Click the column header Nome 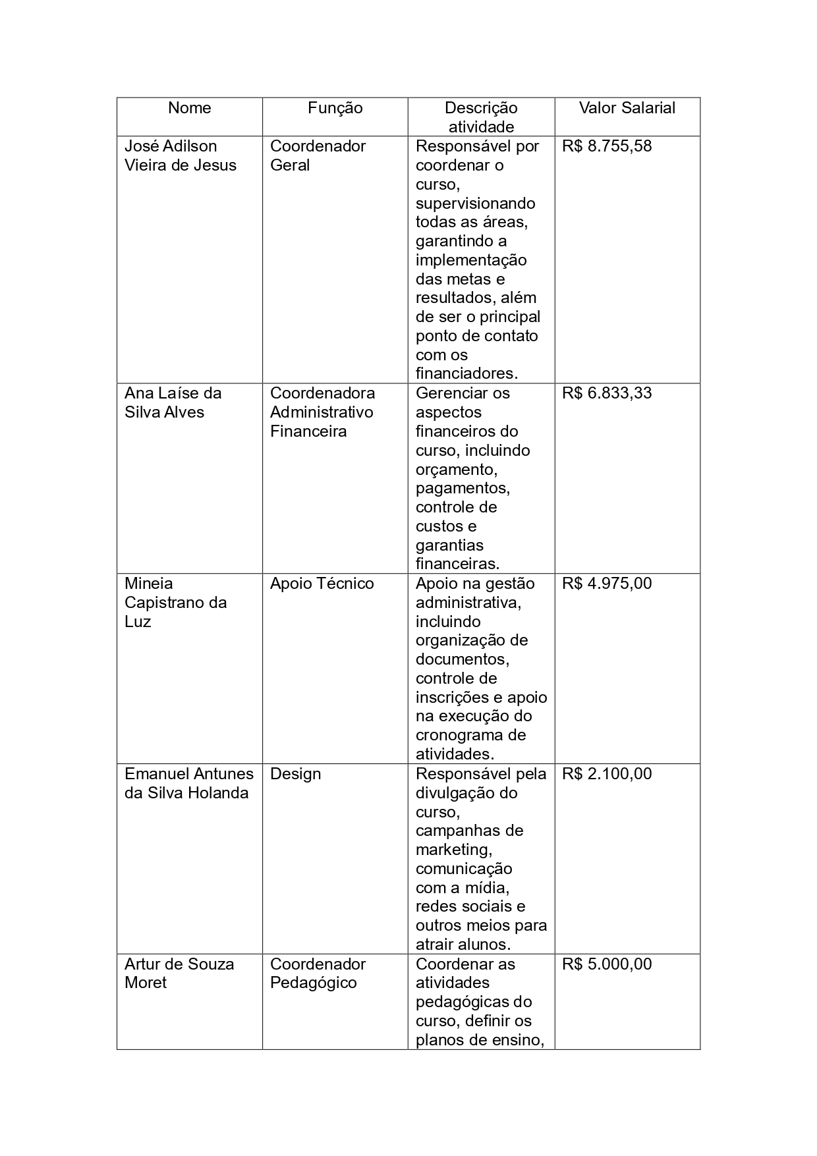[x=189, y=108]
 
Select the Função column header [x=335, y=108]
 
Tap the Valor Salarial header [x=627, y=108]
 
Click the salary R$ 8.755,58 [x=606, y=146]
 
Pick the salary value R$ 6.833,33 [x=606, y=393]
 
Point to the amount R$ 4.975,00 [x=606, y=584]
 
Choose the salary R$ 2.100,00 [x=606, y=774]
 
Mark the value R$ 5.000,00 [x=606, y=964]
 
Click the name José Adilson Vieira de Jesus [x=180, y=155]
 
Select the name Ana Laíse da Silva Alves [x=173, y=402]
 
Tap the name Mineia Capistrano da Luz [x=175, y=602]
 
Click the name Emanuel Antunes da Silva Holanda [x=188, y=783]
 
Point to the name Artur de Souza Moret [x=179, y=973]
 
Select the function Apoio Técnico [x=322, y=584]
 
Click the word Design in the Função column [x=295, y=774]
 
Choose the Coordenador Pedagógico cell [x=317, y=973]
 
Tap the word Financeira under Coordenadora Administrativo [x=308, y=431]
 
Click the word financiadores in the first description [x=466, y=373]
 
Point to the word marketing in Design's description [x=453, y=850]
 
